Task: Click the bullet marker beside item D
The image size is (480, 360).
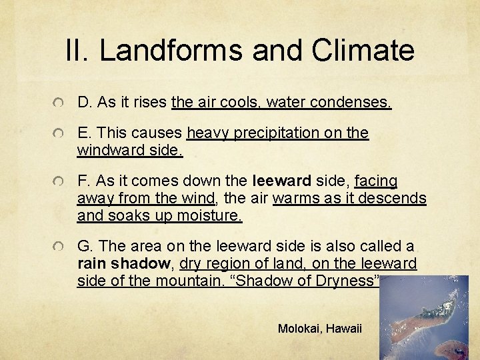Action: click(x=60, y=103)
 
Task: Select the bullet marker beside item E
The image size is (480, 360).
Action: click(x=60, y=134)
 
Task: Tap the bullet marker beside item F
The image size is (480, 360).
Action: click(x=60, y=182)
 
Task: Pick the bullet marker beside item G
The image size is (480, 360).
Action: click(x=60, y=247)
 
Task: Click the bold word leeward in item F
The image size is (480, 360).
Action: click(x=281, y=181)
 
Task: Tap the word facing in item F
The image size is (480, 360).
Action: click(x=376, y=181)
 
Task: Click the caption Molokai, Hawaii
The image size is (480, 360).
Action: click(x=319, y=329)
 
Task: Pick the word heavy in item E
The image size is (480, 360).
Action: click(x=207, y=133)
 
